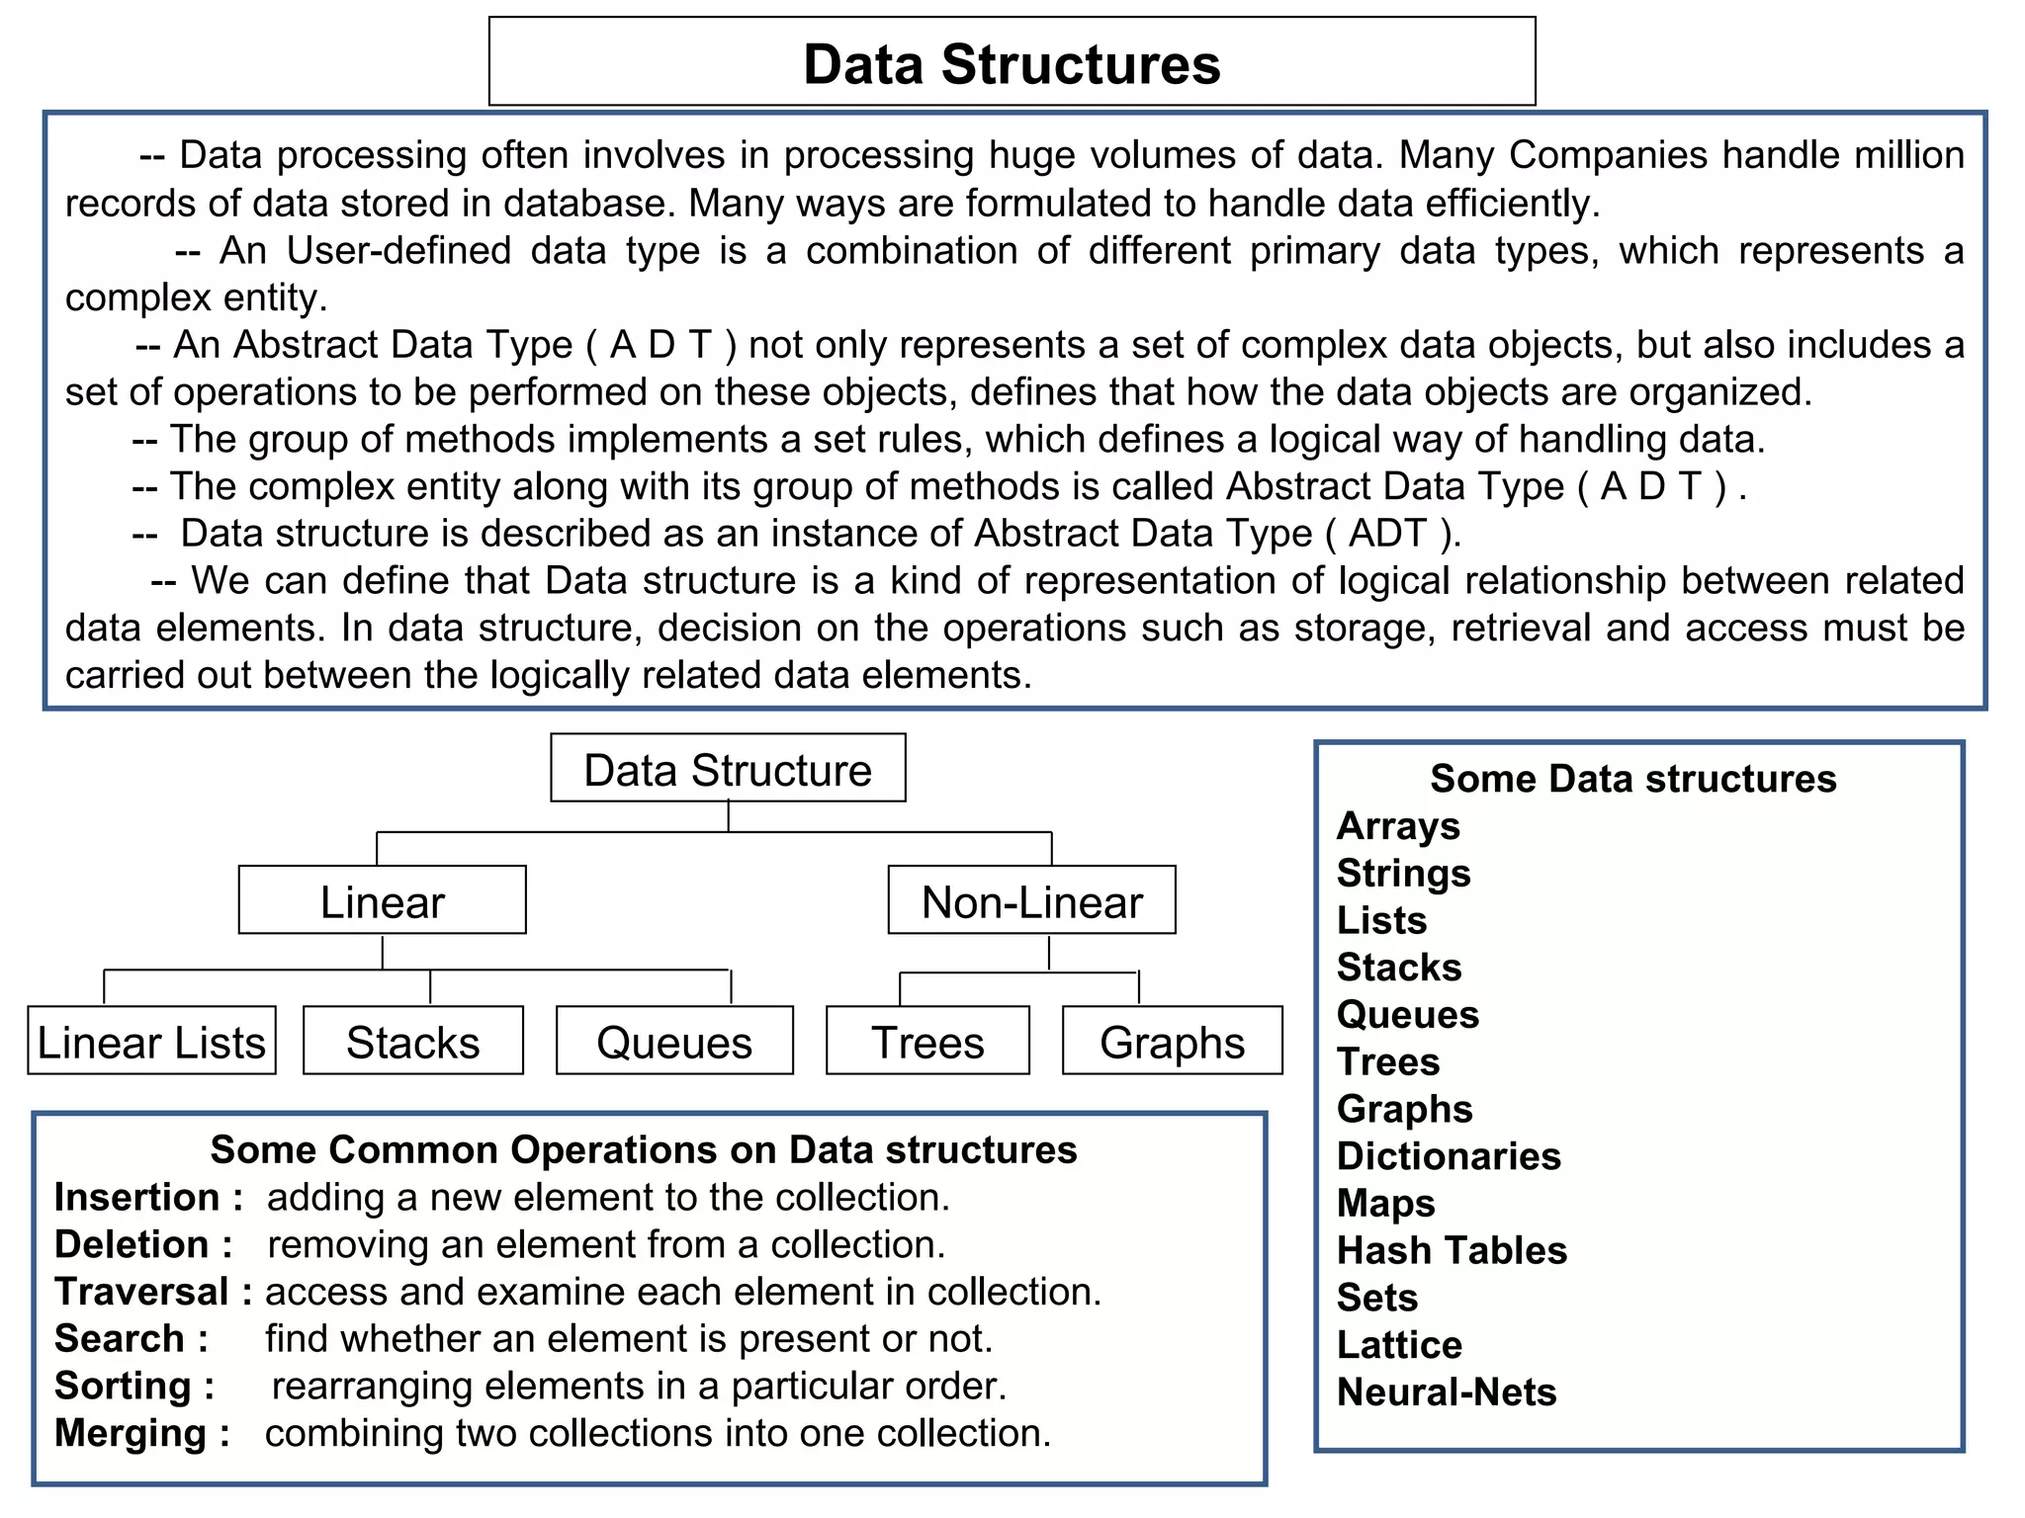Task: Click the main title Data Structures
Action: [1012, 64]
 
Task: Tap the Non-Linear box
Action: [1031, 901]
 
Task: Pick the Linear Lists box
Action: [151, 1042]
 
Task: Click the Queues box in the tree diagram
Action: [674, 1042]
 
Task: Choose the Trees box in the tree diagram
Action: [927, 1042]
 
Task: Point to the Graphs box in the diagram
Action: [1172, 1042]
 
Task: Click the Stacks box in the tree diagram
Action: [412, 1042]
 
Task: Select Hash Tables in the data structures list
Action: [1452, 1250]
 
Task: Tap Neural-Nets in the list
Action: [1447, 1391]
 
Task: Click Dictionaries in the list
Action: [1449, 1156]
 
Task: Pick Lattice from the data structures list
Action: [1399, 1344]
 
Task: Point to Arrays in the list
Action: [1398, 825]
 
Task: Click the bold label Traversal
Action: [141, 1292]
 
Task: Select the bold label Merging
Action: [131, 1433]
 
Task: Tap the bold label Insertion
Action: [137, 1197]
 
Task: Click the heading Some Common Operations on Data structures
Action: [644, 1149]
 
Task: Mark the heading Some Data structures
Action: [1632, 779]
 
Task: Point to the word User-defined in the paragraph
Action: [398, 251]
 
